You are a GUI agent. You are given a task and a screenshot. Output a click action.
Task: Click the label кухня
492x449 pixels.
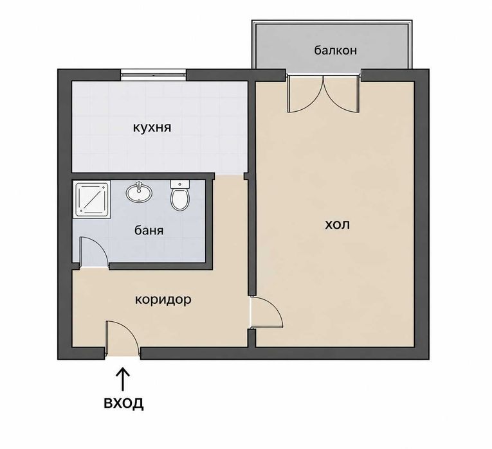click(152, 128)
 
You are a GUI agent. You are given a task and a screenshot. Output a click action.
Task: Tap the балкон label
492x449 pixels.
click(336, 50)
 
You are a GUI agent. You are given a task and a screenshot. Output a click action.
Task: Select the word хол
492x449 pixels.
click(337, 225)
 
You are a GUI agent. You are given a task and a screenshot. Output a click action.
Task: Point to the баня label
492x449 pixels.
click(149, 231)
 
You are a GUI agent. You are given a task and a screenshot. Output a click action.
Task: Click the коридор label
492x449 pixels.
click(163, 300)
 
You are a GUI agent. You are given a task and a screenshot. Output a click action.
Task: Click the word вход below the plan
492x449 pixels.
click(123, 403)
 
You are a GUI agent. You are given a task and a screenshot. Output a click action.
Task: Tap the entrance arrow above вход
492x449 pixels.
click(123, 380)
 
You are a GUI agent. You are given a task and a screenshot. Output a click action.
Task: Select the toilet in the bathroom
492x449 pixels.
click(180, 195)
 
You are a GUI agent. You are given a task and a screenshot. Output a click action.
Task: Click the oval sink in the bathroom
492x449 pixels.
click(139, 192)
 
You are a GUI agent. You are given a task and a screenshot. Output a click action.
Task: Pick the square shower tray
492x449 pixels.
click(93, 200)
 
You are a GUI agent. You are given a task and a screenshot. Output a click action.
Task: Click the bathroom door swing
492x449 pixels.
click(94, 252)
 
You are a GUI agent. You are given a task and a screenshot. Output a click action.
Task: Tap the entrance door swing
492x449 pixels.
click(122, 339)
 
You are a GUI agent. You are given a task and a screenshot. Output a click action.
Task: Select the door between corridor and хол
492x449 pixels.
click(267, 313)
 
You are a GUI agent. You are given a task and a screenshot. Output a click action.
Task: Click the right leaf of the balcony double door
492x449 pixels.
click(342, 93)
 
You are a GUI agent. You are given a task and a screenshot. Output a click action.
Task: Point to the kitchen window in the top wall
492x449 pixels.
click(154, 75)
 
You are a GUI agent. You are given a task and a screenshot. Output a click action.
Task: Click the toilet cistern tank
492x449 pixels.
click(180, 184)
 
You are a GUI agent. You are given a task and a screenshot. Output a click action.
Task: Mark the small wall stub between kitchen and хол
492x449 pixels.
click(246, 177)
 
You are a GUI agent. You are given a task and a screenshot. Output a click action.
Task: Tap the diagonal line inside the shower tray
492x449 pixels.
click(93, 200)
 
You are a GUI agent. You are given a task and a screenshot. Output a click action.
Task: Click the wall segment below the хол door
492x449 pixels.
click(251, 338)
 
